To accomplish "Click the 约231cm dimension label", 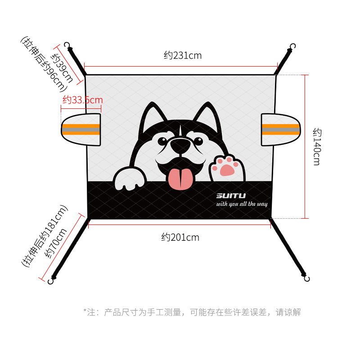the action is coord(182,56).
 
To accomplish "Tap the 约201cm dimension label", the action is coord(180,237).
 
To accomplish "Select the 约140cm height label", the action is coord(316,147).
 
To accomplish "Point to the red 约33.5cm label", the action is coord(82,100).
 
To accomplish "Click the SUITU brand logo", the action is coord(231,196).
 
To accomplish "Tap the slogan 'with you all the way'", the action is coord(242,204).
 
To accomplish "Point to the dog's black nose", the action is coord(180,146).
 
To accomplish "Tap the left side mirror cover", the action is coord(81,130).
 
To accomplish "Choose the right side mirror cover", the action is coord(280,130).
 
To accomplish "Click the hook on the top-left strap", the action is coord(68,45).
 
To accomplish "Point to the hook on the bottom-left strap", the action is coord(51,281).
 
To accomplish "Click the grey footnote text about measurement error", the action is coord(192,312).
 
